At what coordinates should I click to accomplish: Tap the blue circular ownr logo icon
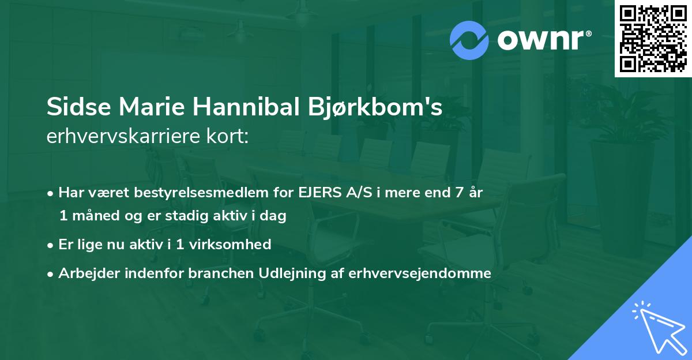coord(469,40)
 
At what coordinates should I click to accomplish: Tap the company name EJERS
coord(317,193)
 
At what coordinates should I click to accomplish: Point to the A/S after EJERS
coord(355,193)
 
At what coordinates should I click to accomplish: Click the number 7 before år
coord(460,193)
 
